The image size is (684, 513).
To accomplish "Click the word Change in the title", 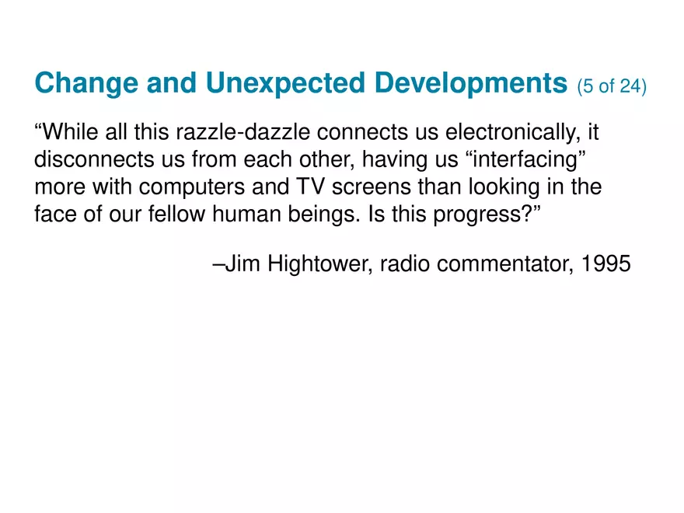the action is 86,84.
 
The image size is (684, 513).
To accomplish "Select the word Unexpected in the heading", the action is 285,84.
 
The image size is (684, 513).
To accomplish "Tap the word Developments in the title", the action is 471,84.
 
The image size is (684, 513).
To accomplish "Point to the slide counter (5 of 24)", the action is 612,86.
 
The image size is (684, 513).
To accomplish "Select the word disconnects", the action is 94,159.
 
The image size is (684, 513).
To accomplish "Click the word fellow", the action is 176,214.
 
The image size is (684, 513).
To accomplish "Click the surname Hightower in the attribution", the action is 319,264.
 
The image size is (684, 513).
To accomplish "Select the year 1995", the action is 606,263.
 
